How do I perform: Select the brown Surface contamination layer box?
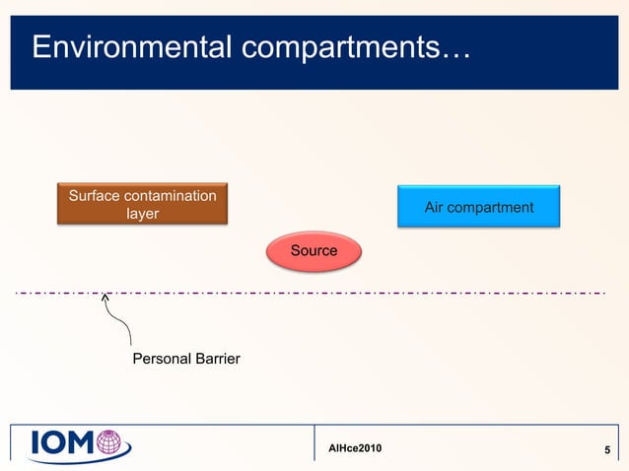(x=142, y=205)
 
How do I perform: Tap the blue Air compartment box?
(x=478, y=207)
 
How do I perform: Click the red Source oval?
(x=314, y=251)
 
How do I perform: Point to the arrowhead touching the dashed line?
(x=105, y=296)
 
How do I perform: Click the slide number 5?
(x=607, y=451)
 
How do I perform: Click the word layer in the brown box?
(x=142, y=214)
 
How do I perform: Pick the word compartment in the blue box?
(x=492, y=207)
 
